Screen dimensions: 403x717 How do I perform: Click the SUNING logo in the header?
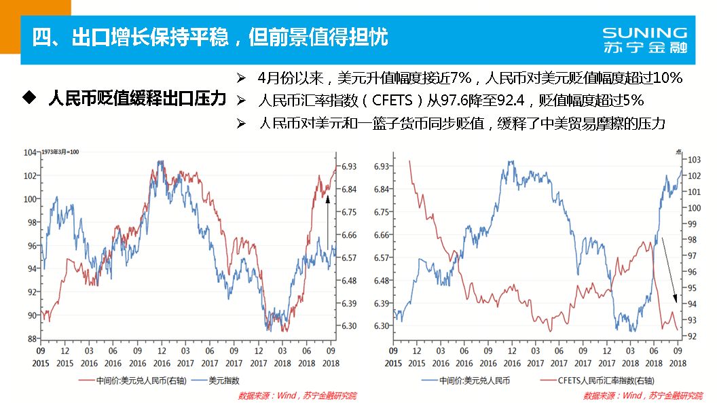click(644, 33)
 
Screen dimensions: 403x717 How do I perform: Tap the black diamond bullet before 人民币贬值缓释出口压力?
click(29, 98)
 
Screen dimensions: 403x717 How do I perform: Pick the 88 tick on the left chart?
click(32, 338)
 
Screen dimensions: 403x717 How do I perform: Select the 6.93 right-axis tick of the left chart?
click(349, 166)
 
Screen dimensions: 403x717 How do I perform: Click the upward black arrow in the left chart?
click(327, 224)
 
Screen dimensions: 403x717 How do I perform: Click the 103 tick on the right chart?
click(695, 160)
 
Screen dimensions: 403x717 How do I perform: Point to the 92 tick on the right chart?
click(693, 336)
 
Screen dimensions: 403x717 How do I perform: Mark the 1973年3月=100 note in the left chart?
click(61, 150)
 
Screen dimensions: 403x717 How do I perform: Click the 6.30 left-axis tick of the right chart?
click(382, 326)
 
